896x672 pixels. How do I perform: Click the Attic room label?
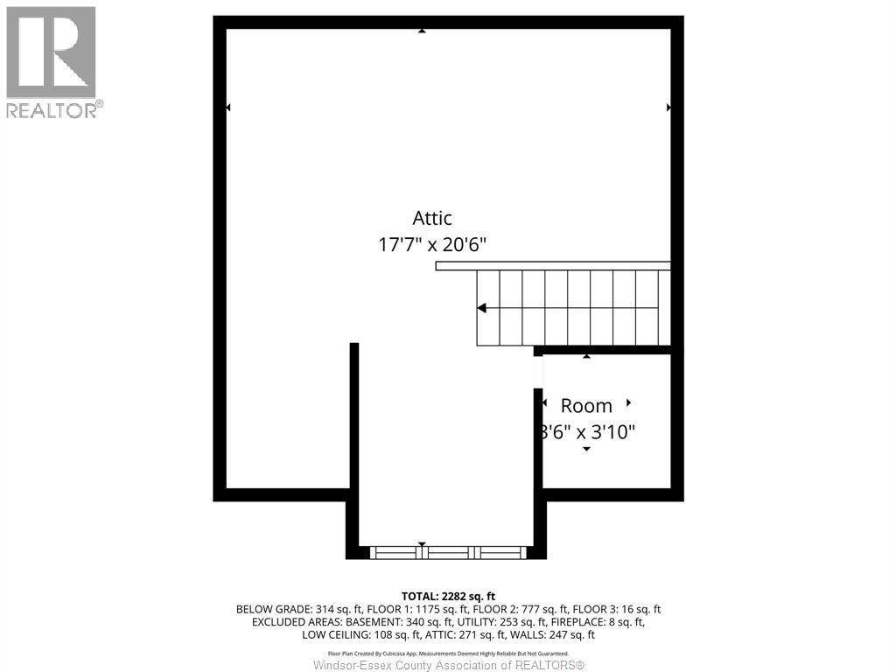click(432, 218)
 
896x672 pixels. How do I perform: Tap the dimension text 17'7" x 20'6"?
click(432, 244)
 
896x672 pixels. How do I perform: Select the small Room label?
click(586, 406)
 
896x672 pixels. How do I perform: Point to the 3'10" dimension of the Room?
click(611, 431)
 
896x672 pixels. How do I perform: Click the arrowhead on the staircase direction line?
click(481, 308)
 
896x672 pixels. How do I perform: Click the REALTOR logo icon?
click(51, 52)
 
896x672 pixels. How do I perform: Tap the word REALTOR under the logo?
click(52, 110)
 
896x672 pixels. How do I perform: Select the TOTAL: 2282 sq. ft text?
click(448, 596)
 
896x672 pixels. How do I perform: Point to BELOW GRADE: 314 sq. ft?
click(293, 609)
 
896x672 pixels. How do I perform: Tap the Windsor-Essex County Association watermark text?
click(448, 665)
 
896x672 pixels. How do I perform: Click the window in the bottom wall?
click(447, 552)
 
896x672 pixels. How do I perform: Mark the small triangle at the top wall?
click(422, 31)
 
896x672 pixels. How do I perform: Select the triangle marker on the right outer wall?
click(669, 108)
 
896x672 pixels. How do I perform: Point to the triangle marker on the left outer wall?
click(228, 108)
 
